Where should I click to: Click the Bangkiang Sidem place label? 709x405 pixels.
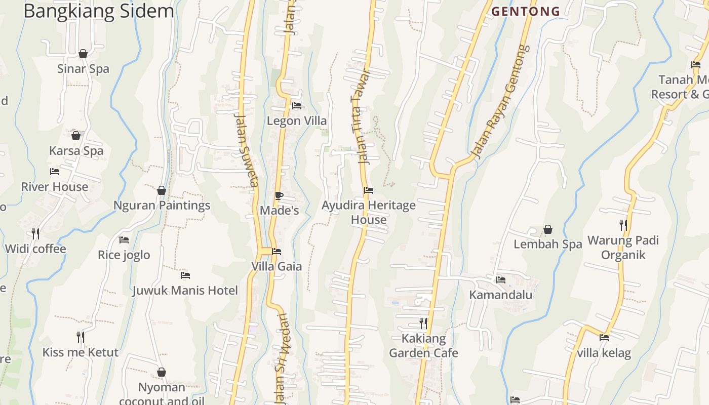99,11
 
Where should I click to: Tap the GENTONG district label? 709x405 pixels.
526,11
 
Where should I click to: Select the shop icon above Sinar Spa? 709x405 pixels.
83,54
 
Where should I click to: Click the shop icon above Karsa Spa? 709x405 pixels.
76,136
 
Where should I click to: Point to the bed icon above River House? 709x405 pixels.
55,172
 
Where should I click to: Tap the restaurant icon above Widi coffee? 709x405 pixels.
35,233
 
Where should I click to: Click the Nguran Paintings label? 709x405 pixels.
162,206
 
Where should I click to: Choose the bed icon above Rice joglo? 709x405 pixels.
124,240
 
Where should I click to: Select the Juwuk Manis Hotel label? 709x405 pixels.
185,291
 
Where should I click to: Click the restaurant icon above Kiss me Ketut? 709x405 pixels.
80,337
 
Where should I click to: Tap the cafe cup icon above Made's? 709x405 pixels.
279,195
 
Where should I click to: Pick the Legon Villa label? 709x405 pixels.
297,121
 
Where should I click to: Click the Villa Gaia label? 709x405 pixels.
277,266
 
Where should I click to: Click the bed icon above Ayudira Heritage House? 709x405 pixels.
369,191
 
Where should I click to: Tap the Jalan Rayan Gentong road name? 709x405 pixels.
499,101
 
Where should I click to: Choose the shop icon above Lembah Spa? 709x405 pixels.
548,229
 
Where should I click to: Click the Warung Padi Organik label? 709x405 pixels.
623,247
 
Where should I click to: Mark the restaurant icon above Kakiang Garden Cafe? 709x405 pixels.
423,323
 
